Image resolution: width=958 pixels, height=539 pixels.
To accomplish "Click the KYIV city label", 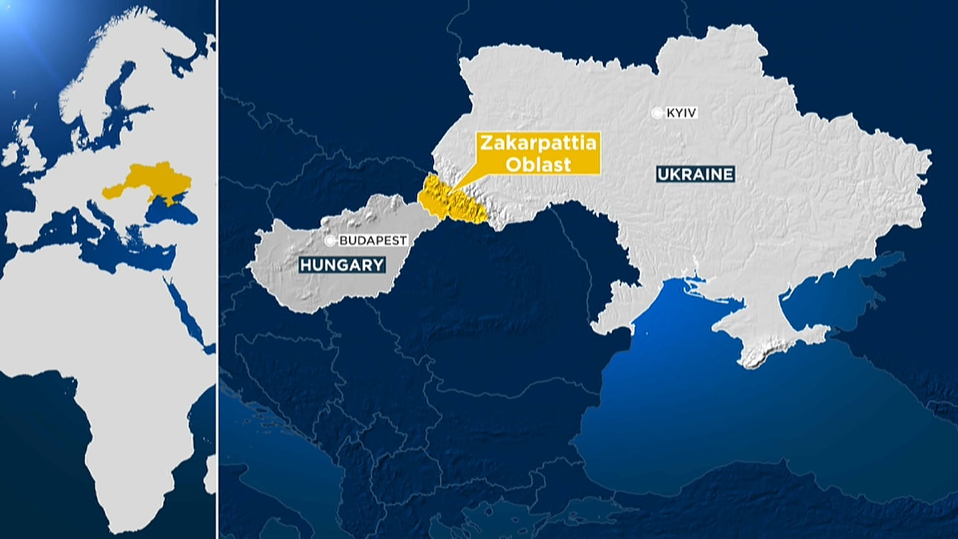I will point(681,113).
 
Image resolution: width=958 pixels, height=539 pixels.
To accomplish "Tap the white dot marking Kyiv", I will point(657,113).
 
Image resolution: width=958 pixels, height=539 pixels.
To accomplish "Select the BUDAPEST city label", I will point(372,240).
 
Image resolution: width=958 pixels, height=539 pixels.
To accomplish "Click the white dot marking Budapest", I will point(329,240).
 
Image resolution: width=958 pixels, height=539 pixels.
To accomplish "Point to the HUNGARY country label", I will point(342,265).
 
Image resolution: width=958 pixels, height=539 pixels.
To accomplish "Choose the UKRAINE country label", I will point(695,174).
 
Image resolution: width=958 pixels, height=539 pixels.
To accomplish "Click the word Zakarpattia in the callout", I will point(538,143).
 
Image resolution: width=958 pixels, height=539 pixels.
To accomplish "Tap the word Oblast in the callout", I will point(538,163).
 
